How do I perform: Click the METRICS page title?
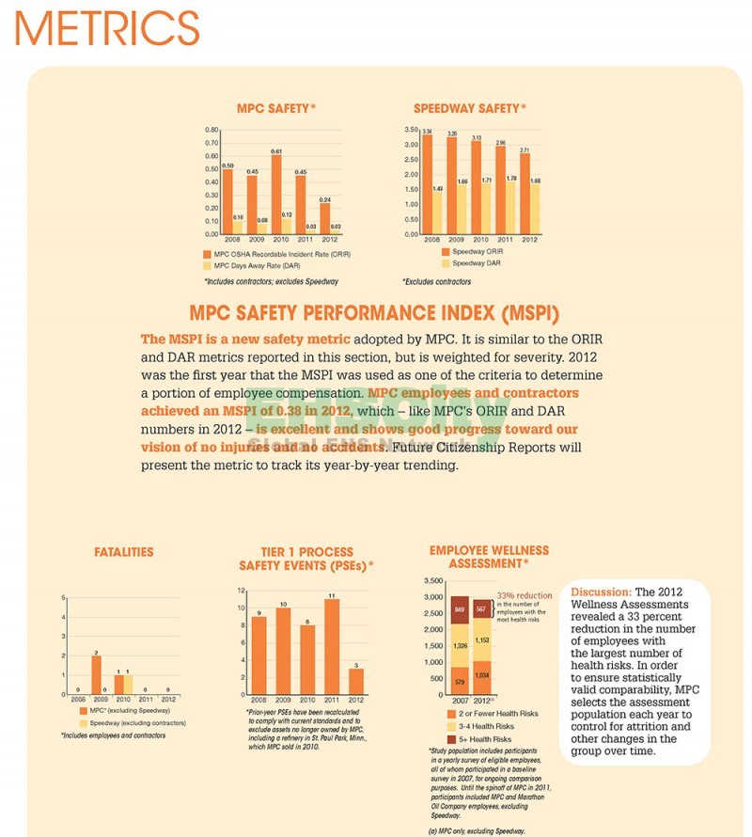tap(107, 27)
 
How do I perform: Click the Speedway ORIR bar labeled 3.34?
tap(427, 184)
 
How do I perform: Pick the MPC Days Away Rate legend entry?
tap(258, 266)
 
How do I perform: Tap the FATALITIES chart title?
tap(124, 552)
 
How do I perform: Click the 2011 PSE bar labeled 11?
tap(331, 647)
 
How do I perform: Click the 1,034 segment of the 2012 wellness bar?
tap(482, 675)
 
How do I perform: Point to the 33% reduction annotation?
tap(525, 595)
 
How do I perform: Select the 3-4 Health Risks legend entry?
tap(486, 726)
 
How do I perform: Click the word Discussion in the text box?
tap(601, 592)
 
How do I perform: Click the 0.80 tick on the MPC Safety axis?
tap(211, 129)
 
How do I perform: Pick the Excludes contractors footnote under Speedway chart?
tap(436, 281)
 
